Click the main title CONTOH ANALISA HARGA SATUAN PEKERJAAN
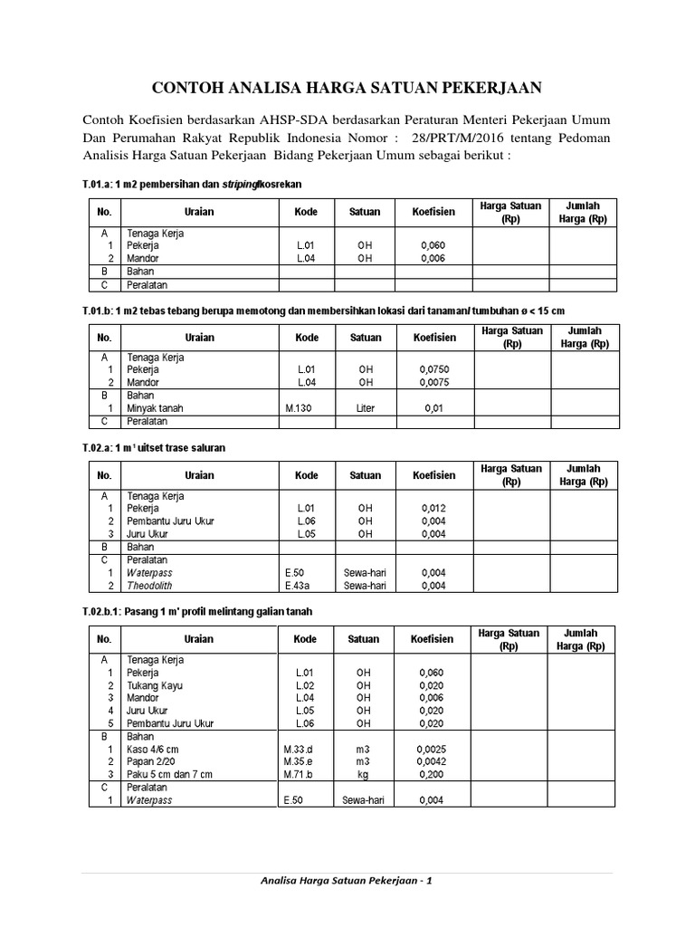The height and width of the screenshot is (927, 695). [x=347, y=88]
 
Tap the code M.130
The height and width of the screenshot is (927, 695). [x=299, y=408]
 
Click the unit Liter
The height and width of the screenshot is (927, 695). [x=366, y=408]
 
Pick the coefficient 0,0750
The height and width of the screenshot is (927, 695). [x=433, y=370]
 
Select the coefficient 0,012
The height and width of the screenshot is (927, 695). [x=433, y=509]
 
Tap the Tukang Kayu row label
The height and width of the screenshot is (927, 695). [x=156, y=686]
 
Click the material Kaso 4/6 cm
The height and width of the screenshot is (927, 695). [x=154, y=750]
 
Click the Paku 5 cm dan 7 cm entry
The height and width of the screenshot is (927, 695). [x=169, y=775]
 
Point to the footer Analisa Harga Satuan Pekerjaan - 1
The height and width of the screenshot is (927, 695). [x=347, y=882]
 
